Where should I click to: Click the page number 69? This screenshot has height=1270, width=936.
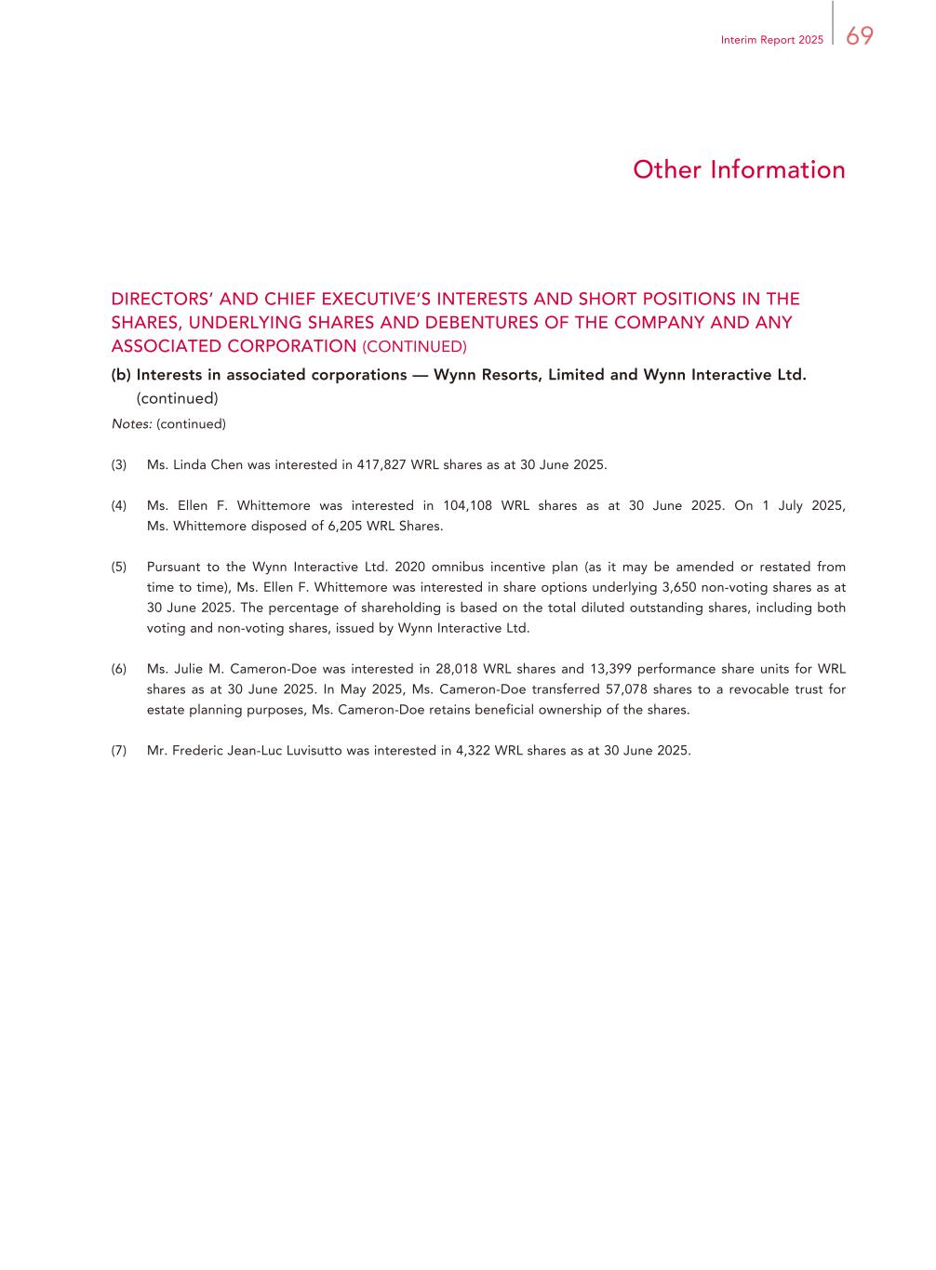click(x=860, y=35)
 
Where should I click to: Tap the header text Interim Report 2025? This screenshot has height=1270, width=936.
click(x=771, y=41)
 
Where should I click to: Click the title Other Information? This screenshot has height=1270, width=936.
click(x=739, y=169)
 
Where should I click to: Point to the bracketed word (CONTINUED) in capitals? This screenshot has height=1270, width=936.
click(x=414, y=347)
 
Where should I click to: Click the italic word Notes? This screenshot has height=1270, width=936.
click(x=131, y=424)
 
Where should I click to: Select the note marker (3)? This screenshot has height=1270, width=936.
click(x=119, y=465)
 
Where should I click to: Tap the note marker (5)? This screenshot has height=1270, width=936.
click(x=119, y=568)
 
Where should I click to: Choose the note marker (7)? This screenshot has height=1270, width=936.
click(x=119, y=751)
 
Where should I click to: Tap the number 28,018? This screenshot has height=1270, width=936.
click(x=456, y=669)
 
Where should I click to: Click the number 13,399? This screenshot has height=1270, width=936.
click(x=610, y=669)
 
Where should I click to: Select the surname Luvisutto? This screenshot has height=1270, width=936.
click(x=312, y=751)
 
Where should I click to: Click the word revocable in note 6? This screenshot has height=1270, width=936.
click(x=744, y=689)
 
